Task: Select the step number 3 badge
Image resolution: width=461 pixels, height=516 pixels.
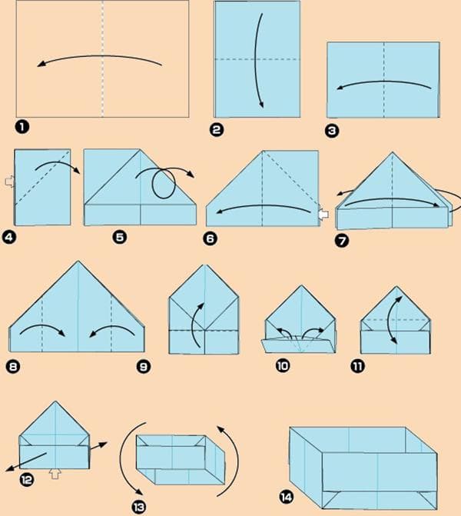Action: tap(332, 131)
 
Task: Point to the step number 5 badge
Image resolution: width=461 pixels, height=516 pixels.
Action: tap(120, 238)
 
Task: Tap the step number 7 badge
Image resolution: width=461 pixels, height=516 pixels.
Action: tap(342, 241)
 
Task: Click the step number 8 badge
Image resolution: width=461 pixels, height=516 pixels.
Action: tap(14, 367)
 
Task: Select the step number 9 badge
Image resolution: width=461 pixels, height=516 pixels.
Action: tap(144, 367)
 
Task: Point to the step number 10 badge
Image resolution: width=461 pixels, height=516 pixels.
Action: tap(284, 367)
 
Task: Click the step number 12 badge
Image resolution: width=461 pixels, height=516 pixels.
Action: tap(27, 479)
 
